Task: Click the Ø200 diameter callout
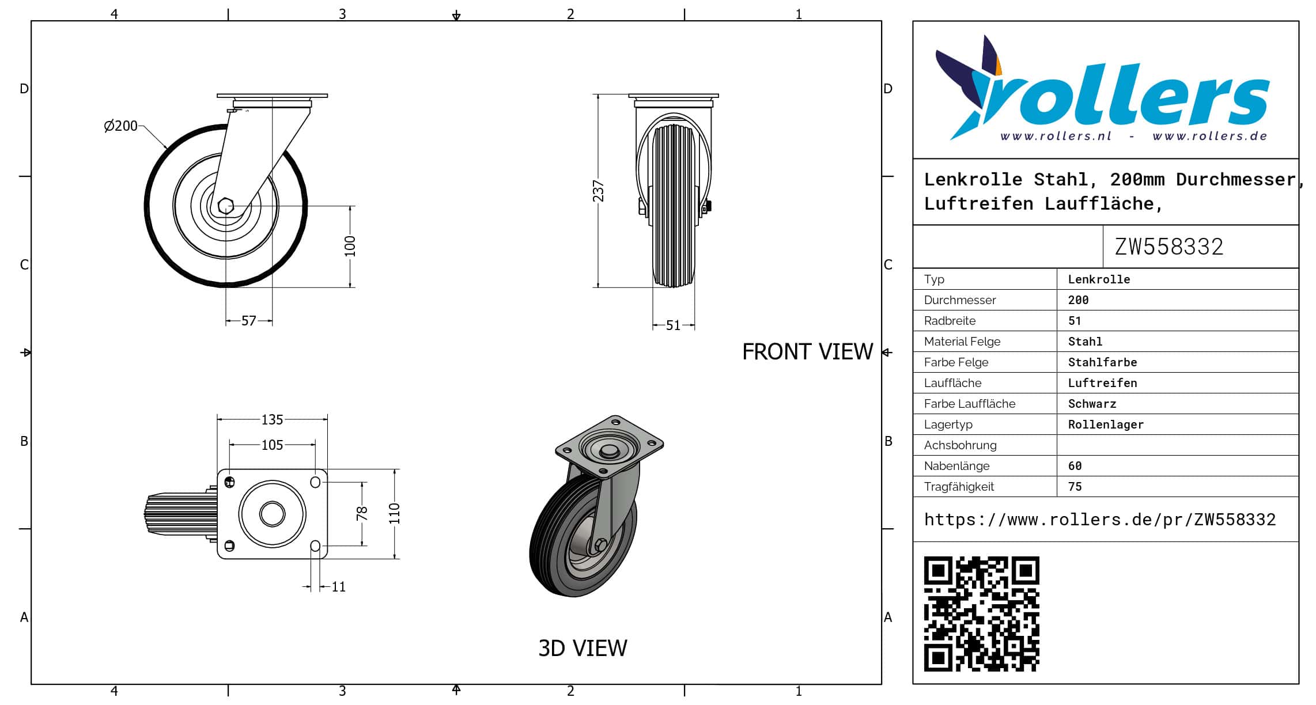[x=121, y=126]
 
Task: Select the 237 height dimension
[x=599, y=191]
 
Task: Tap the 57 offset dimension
[x=249, y=321]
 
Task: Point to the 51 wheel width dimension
[x=673, y=325]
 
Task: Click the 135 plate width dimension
[x=272, y=420]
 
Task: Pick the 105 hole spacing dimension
[x=272, y=445]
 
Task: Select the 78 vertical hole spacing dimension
[x=362, y=513]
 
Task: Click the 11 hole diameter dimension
[x=339, y=587]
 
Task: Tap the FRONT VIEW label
[x=807, y=352]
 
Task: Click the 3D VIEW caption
[x=583, y=649]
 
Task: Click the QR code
[x=981, y=614]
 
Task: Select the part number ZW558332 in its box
[x=1168, y=247]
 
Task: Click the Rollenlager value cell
[x=1106, y=424]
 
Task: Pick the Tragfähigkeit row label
[x=959, y=487]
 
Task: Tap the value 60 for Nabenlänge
[x=1075, y=466]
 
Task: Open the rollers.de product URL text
[x=1100, y=520]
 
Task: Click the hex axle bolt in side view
[x=225, y=206]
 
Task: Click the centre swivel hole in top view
[x=272, y=514]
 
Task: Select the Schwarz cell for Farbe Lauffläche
[x=1092, y=404]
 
